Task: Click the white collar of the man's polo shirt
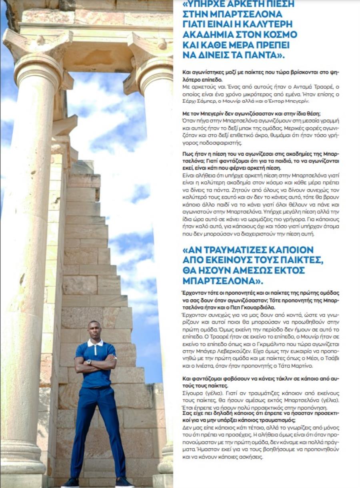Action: tap(95, 343)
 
